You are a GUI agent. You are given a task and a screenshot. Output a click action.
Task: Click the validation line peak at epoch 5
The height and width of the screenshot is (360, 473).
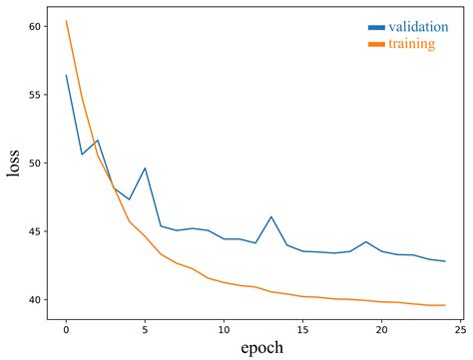(145, 169)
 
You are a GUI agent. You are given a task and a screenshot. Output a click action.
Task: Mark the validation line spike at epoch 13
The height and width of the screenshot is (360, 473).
(271, 216)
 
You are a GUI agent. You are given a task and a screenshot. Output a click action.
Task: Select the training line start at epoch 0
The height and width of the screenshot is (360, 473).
(66, 21)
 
